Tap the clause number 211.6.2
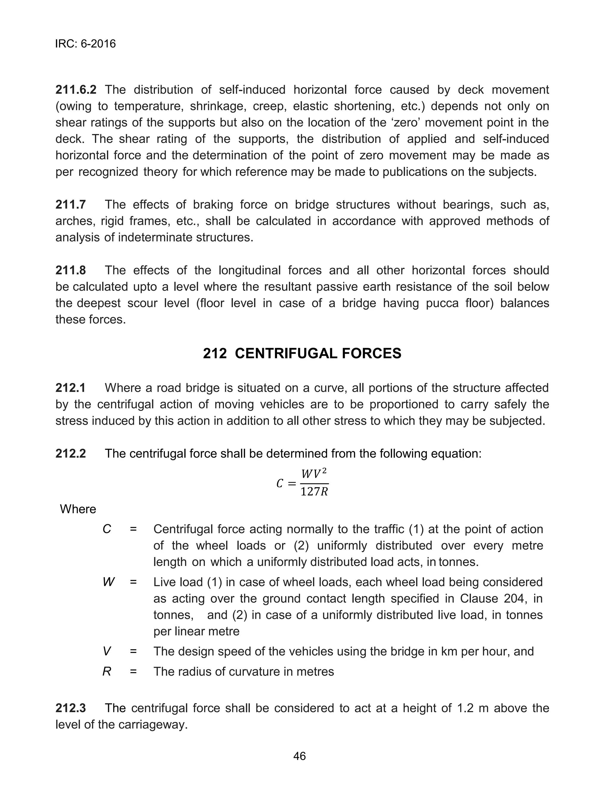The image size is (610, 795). (76, 90)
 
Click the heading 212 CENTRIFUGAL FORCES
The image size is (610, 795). (302, 354)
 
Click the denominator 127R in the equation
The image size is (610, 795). (315, 492)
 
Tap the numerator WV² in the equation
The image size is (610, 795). (315, 474)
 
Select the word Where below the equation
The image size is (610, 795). (78, 509)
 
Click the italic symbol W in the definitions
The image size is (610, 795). (108, 582)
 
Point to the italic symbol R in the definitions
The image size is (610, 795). (107, 672)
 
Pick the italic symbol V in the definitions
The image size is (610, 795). (107, 652)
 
